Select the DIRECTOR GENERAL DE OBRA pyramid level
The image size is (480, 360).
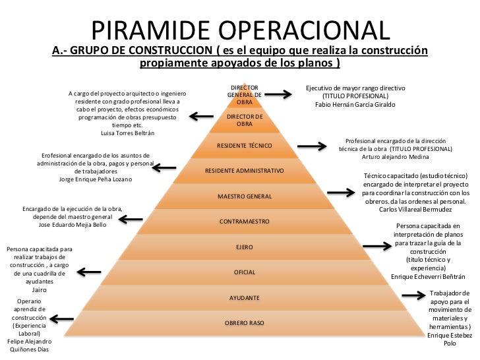[244, 95]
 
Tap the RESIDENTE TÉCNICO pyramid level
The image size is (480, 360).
[244, 144]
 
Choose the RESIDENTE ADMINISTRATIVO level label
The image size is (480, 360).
[245, 170]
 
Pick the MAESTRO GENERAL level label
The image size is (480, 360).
[245, 196]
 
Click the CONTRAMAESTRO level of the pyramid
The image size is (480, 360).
[244, 222]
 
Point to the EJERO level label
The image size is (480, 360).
[245, 247]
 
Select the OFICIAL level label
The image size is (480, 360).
[245, 272]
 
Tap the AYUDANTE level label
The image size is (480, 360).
[245, 298]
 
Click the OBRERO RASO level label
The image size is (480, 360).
[245, 323]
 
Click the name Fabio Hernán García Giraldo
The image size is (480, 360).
[355, 105]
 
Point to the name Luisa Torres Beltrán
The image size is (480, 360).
[127, 133]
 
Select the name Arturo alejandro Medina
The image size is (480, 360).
[395, 156]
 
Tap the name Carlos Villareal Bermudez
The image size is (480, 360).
[416, 210]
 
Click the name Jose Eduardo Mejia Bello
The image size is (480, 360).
[73, 225]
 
